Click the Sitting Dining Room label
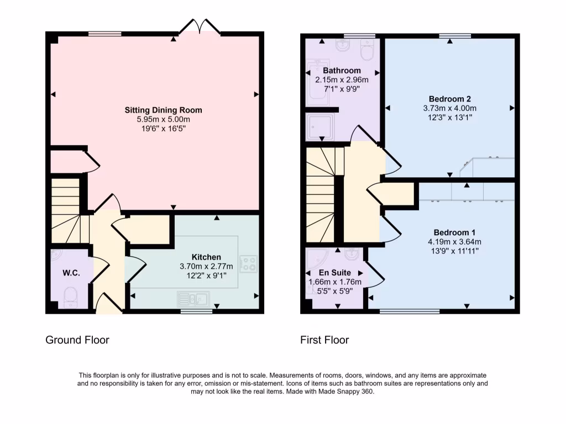click(x=163, y=110)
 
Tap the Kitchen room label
click(x=206, y=257)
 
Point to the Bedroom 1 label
click(x=454, y=232)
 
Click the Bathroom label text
click(x=342, y=71)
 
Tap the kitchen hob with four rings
click(x=248, y=263)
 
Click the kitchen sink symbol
click(x=192, y=299)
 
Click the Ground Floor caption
click(x=77, y=340)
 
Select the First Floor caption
click(x=324, y=340)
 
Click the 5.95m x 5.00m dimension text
click(x=163, y=119)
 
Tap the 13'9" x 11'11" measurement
click(x=454, y=251)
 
